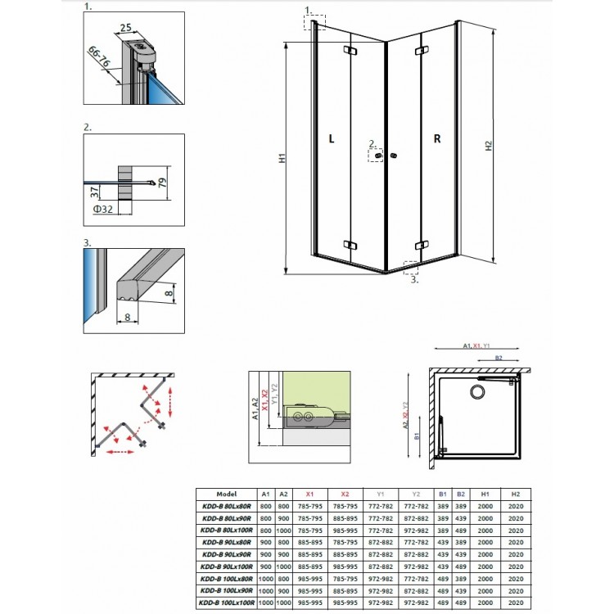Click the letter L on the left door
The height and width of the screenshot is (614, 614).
tap(332, 139)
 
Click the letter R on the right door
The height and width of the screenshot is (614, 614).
tap(437, 139)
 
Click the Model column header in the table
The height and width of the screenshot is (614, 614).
tap(227, 494)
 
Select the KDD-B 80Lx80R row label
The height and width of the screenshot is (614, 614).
tap(227, 508)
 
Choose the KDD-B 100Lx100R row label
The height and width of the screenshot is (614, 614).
tap(227, 603)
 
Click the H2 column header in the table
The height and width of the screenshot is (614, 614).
tap(515, 494)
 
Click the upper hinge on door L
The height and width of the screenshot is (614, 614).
tap(353, 52)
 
